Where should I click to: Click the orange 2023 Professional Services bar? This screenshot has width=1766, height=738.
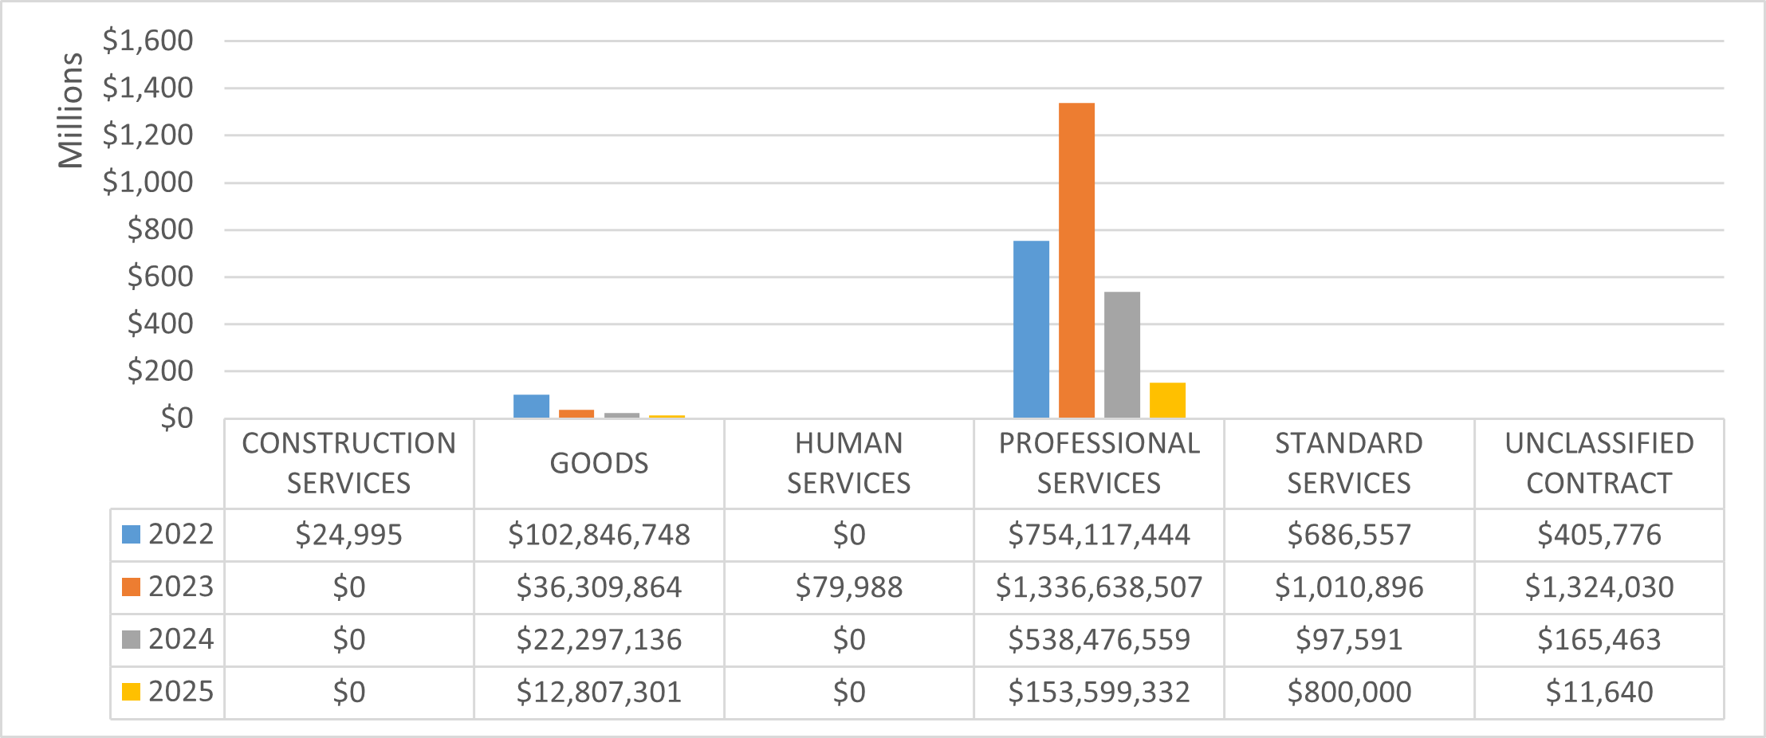(x=1076, y=260)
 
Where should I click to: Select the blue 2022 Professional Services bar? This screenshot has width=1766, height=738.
(x=1031, y=329)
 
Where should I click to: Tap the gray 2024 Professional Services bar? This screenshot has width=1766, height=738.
(x=1122, y=355)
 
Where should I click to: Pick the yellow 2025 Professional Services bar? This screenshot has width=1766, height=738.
(x=1167, y=400)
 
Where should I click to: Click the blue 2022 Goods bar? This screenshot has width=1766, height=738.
(x=531, y=406)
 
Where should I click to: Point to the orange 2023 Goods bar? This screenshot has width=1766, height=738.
(x=576, y=414)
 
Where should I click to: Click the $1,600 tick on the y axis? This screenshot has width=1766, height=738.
(x=148, y=41)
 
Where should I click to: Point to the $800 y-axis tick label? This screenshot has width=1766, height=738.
(x=160, y=230)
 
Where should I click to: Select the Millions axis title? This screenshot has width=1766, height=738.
(x=70, y=111)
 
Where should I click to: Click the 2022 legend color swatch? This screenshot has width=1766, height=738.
(x=131, y=534)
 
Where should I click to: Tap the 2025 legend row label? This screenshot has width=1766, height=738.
(x=181, y=692)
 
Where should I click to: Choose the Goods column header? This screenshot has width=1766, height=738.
(x=599, y=463)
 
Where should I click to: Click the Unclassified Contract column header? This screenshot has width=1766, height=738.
(x=1599, y=463)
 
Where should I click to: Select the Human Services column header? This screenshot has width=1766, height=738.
(x=848, y=463)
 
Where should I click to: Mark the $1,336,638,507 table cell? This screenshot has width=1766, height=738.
(x=1099, y=587)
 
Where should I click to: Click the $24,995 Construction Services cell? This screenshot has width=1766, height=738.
(x=348, y=535)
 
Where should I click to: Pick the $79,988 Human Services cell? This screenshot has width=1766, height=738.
(x=848, y=587)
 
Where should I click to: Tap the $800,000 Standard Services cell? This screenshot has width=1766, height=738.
(x=1349, y=693)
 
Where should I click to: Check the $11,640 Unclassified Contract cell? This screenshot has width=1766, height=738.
(x=1599, y=693)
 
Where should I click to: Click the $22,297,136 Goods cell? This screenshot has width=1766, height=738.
(x=599, y=640)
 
